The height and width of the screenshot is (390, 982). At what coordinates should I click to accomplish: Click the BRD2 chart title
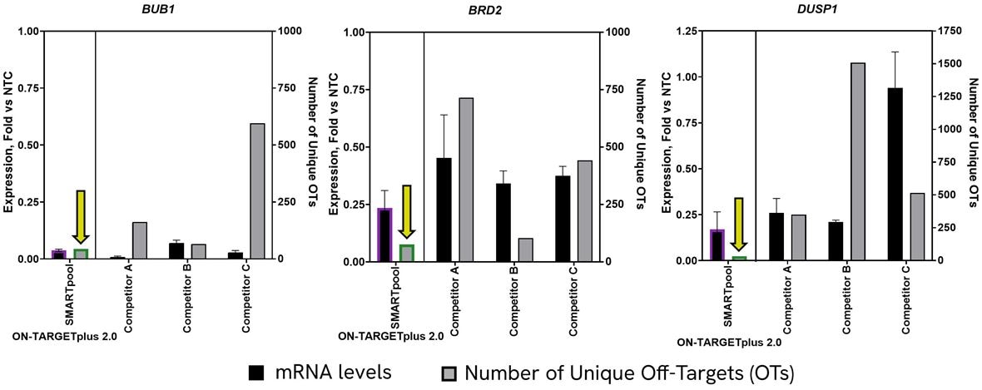pyautogui.click(x=489, y=11)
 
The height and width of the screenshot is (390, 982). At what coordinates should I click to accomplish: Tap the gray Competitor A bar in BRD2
pyautogui.click(x=466, y=180)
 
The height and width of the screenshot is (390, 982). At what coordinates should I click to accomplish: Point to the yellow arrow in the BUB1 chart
pyautogui.click(x=81, y=218)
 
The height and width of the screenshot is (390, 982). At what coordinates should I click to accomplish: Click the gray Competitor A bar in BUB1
pyautogui.click(x=139, y=240)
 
